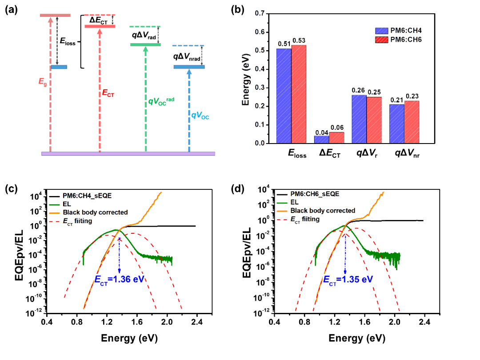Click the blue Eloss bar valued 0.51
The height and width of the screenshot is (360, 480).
point(284,96)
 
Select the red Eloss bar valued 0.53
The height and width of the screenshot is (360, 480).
point(299,94)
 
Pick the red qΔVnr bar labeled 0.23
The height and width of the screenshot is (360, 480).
point(412,122)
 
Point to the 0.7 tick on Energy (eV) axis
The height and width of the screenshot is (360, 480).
point(257,14)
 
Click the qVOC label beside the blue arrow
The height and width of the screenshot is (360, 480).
point(200,116)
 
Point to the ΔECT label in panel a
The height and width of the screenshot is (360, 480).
point(99,20)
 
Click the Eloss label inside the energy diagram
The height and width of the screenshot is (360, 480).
point(68,43)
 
